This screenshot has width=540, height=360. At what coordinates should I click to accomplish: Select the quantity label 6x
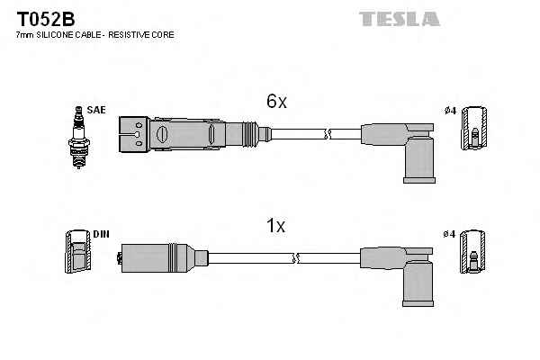[x=276, y=103]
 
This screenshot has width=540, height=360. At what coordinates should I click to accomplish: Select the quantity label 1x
[x=276, y=227]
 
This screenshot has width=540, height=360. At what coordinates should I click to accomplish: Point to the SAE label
[x=97, y=110]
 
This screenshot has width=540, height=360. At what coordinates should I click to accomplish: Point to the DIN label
[x=101, y=235]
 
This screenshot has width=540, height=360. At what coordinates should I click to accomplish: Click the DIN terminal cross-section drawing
[x=76, y=253]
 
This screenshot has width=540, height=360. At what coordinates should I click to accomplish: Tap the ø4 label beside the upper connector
[x=451, y=110]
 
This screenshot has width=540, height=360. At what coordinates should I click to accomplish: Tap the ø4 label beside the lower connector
[x=451, y=235]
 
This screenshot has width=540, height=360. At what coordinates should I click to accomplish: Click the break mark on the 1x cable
[x=294, y=259]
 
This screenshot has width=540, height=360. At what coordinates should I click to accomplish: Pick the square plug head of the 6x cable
[x=135, y=133]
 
